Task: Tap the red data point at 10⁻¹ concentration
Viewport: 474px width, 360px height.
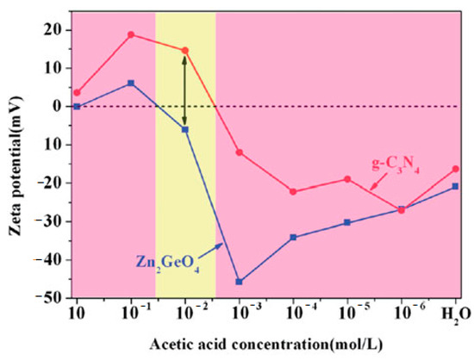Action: tap(131, 34)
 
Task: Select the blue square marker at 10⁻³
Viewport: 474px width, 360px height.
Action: tap(239, 282)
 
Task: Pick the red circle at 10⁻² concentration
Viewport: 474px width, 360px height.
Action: tap(184, 50)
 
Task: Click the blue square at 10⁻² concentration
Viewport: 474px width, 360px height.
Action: tap(184, 129)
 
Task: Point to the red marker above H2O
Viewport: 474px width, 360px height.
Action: tap(455, 169)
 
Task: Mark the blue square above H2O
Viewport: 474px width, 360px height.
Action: tap(455, 186)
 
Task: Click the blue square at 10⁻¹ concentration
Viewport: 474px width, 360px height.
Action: tap(131, 83)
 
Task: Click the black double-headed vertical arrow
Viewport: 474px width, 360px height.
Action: tap(184, 89)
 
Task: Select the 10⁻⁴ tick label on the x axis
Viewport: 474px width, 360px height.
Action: tap(293, 311)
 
